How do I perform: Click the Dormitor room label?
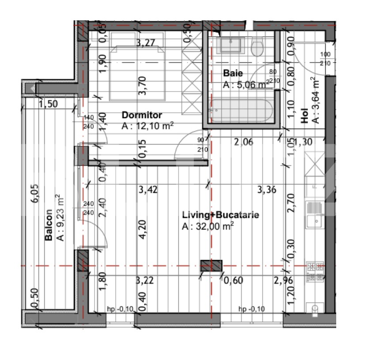[142, 115]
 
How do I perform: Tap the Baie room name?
[233, 73]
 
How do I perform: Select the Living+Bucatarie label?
[220, 214]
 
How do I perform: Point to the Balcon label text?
[49, 225]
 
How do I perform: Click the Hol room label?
[304, 116]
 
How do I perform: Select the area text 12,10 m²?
[155, 126]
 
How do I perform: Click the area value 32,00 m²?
[215, 226]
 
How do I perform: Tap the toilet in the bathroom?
[257, 47]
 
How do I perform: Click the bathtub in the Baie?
[241, 111]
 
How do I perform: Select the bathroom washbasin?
[230, 45]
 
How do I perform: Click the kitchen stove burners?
[315, 272]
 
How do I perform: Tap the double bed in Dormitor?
[137, 73]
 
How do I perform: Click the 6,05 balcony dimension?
[34, 194]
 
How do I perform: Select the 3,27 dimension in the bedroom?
[146, 43]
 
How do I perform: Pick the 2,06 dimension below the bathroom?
[243, 142]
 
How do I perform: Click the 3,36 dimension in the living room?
[267, 190]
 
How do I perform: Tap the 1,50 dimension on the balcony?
[48, 104]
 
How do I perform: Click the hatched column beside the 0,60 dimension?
[211, 266]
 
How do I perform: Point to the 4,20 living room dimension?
[142, 230]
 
